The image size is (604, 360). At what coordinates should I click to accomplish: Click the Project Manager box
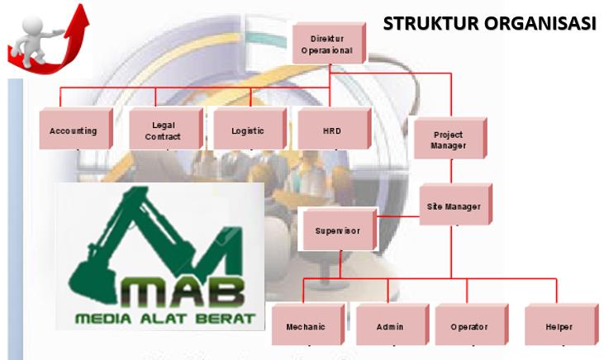tap(448, 140)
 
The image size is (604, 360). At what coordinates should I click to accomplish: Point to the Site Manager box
tap(454, 206)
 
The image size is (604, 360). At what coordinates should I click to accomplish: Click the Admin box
tap(389, 327)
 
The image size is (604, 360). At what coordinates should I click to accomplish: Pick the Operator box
tap(468, 327)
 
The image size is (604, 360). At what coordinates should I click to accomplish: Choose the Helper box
tap(559, 327)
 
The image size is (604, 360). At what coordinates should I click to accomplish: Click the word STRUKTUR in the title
tap(429, 23)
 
